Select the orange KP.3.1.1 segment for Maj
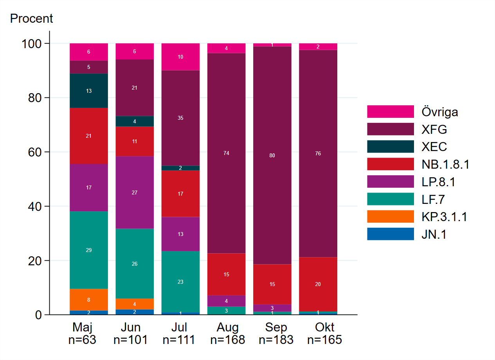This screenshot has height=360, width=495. [89, 300]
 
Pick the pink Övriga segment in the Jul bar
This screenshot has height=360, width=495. [180, 57]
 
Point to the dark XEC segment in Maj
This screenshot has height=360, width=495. [89, 91]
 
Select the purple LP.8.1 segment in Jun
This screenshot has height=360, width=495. [135, 193]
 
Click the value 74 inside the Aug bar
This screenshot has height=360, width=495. [226, 153]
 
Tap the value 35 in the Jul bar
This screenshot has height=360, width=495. [180, 118]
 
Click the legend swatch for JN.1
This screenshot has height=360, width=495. [390, 234]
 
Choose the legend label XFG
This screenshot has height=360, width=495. [434, 129]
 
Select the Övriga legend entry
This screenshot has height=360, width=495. [440, 112]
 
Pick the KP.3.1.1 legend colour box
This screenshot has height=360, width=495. [390, 216]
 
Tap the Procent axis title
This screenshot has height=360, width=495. [31, 18]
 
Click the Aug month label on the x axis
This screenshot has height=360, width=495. [227, 327]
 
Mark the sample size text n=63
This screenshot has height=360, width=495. [83, 340]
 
